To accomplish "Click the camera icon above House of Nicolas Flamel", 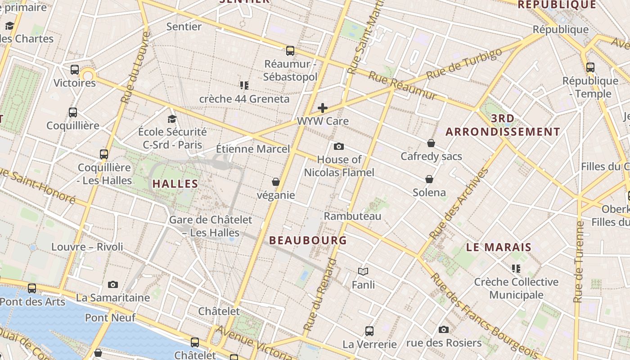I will click(339, 146).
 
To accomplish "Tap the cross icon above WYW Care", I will click(323, 108).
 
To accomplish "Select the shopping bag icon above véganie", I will click(276, 182).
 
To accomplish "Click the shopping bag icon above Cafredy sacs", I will click(431, 143).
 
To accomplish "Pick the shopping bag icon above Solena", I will click(429, 179).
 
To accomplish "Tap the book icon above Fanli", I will click(363, 271).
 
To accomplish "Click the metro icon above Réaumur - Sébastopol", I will click(290, 51).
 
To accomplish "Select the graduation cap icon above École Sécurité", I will click(172, 119).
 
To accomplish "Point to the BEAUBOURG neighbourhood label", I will click(308, 240).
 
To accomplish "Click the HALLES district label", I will click(175, 184).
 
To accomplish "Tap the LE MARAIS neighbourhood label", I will click(499, 247).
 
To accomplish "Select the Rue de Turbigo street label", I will click(464, 64).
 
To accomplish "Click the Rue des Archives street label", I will click(459, 203).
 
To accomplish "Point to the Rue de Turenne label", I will click(579, 261).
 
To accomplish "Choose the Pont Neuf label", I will click(110, 318).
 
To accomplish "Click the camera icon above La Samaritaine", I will click(113, 284).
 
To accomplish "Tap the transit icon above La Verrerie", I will click(369, 331).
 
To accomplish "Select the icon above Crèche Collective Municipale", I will click(516, 269).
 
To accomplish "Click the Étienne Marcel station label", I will click(253, 148).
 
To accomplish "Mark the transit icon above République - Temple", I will click(590, 67).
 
